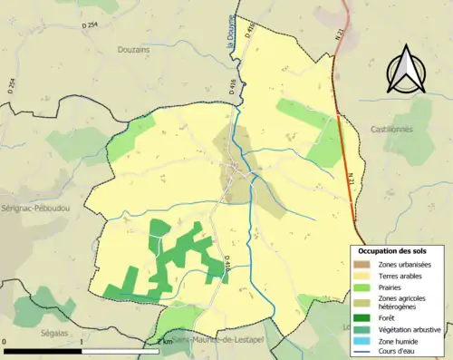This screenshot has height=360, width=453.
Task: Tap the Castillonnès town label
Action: point(416,130)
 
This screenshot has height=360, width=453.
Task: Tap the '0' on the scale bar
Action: point(5,342)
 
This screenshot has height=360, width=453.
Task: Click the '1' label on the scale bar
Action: point(82,342)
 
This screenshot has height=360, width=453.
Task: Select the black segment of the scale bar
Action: point(43,350)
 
